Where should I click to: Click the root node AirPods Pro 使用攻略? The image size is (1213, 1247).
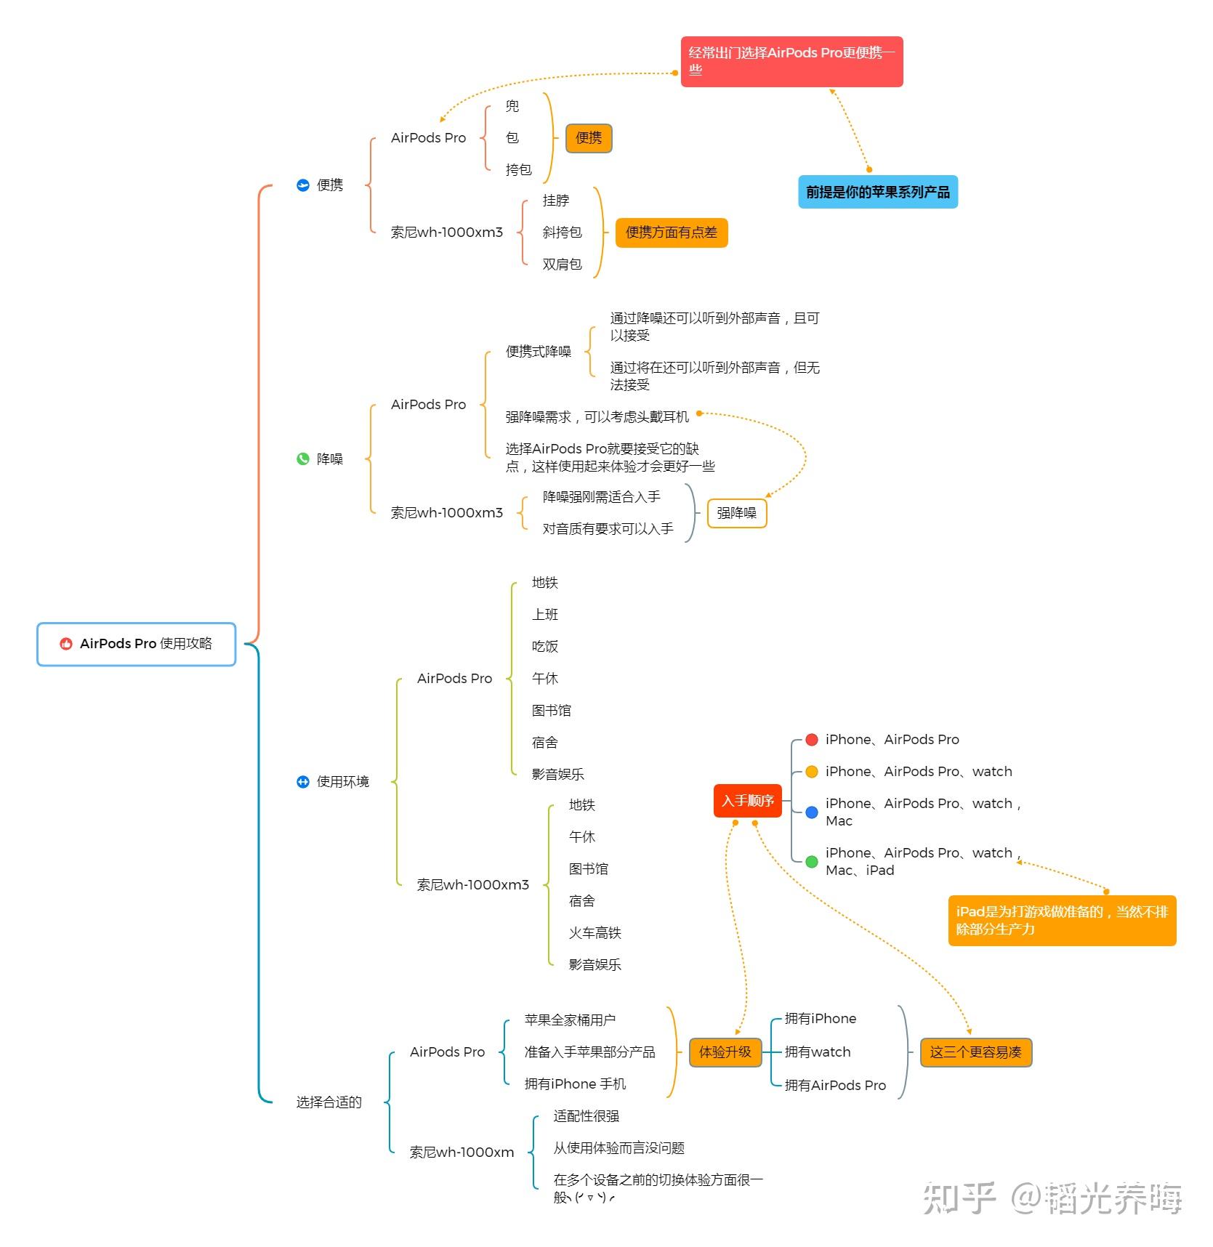137,644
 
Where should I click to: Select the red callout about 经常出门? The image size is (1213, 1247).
791,62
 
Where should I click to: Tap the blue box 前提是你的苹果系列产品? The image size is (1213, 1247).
877,192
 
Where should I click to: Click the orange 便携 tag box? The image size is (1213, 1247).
589,138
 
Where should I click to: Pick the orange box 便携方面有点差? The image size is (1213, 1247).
671,233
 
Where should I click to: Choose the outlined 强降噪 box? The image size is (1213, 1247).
736,513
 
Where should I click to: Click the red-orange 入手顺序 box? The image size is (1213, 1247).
747,801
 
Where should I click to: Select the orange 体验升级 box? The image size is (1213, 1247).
725,1052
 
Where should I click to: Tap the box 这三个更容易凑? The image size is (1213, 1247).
975,1052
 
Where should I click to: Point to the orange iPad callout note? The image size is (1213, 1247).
1061,921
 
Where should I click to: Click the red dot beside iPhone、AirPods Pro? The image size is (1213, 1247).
812,740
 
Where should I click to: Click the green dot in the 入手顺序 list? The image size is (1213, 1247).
812,862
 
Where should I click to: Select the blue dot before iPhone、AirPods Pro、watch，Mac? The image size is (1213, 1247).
812,812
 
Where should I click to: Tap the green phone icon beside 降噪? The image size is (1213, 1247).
303,459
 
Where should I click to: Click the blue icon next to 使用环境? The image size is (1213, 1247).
303,782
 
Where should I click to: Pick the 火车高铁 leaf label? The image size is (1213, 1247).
595,933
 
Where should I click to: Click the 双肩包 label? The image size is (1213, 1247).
562,265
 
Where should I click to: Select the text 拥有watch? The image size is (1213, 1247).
818,1052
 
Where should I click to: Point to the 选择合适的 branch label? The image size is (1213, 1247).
329,1102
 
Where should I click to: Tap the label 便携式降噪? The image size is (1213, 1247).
538,352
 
